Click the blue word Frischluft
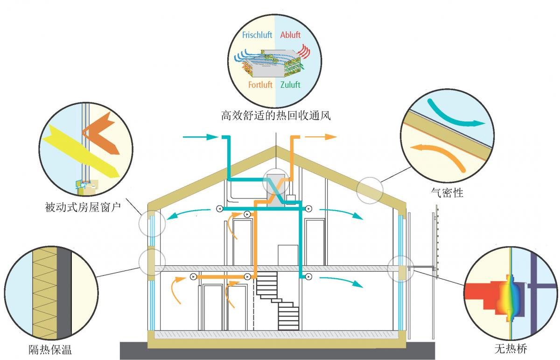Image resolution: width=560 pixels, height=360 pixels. pos(257,35)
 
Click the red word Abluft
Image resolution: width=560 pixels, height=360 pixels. pos(290,35)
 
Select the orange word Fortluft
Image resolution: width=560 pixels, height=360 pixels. pos(260,85)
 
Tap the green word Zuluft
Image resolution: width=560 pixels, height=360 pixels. pos(290,85)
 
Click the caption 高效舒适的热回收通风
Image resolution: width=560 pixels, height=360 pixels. pos(276,115)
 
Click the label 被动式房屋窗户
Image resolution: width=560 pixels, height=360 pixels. pos(83,207)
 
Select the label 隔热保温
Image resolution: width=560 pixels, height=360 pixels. pos(50,349)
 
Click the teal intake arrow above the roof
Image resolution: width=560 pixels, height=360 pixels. pos(201,137)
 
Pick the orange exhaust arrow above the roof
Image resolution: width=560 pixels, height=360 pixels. pos(322,137)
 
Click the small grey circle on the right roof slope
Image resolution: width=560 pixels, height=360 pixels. pos(370,190)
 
